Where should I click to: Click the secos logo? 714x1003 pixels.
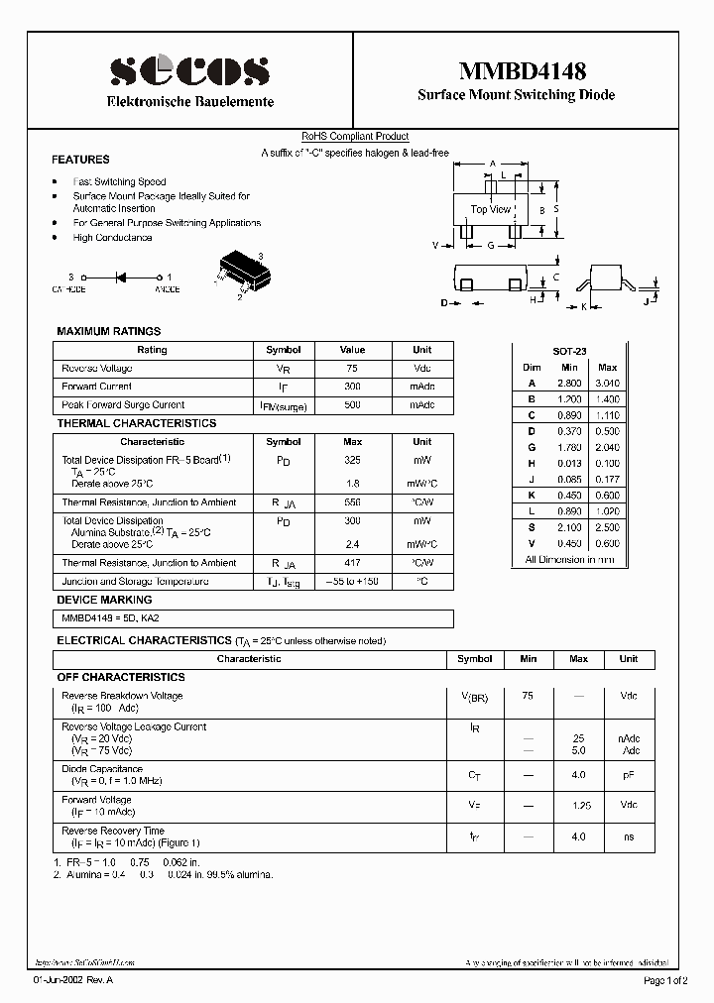[x=189, y=70]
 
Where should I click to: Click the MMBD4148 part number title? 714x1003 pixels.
[x=522, y=71]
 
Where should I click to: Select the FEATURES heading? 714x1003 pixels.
[x=80, y=160]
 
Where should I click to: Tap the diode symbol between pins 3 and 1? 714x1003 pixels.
[x=122, y=278]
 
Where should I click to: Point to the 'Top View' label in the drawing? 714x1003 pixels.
[x=490, y=209]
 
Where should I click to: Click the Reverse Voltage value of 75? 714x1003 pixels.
[x=352, y=369]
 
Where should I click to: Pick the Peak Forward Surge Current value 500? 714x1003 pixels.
[x=352, y=404]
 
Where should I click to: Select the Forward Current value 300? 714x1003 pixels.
[x=352, y=387]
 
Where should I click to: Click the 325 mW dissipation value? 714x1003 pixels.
[x=352, y=461]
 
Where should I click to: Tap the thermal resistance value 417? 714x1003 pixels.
[x=352, y=563]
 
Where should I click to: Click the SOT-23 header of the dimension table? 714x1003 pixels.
[x=569, y=352]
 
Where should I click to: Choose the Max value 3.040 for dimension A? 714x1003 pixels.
[x=607, y=383]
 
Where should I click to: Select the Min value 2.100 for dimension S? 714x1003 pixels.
[x=569, y=527]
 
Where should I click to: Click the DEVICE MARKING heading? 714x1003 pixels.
[x=104, y=600]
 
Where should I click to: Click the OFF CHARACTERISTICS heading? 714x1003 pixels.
[x=121, y=677]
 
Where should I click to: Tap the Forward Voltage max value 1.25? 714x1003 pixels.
[x=578, y=805]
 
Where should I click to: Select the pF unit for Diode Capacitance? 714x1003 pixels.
[x=629, y=776]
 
